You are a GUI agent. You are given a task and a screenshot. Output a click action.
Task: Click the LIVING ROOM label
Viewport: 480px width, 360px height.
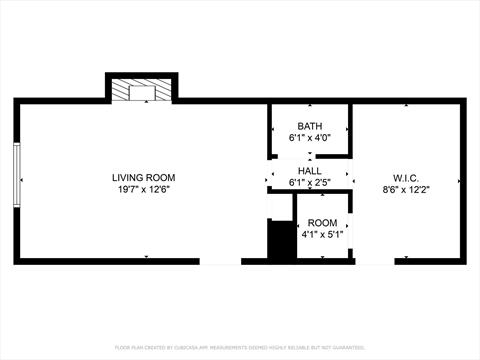[141, 177]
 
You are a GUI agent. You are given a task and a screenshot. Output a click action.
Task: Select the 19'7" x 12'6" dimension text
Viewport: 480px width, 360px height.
[141, 189]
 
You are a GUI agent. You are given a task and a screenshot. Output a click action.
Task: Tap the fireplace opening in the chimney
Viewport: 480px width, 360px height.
[141, 93]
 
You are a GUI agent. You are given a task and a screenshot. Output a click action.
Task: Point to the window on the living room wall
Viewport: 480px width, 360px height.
[16, 177]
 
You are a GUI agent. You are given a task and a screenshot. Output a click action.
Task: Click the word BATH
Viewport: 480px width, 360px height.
[309, 125]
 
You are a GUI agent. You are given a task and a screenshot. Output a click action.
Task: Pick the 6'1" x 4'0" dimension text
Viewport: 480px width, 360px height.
[309, 137]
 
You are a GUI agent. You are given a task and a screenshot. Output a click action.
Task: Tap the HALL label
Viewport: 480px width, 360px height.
[309, 170]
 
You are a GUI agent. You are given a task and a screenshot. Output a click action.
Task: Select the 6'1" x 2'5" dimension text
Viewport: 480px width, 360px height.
[309, 182]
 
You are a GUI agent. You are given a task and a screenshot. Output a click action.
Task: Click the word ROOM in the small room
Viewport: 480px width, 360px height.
[322, 223]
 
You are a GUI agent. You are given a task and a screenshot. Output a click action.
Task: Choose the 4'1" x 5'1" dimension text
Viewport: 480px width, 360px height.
[322, 235]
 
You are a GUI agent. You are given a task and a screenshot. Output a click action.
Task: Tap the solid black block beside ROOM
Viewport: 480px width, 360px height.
[281, 241]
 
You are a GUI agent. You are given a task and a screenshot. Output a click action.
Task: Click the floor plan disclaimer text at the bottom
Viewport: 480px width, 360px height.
[240, 347]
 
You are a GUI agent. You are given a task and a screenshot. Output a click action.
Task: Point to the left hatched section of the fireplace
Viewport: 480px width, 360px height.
[119, 92]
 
